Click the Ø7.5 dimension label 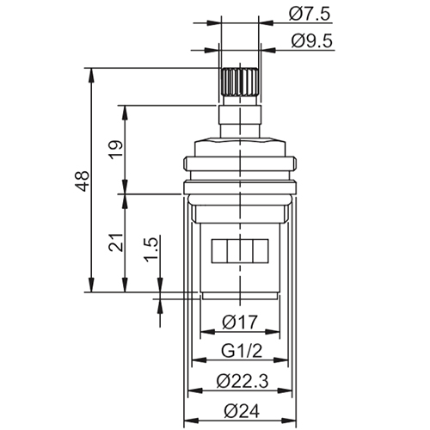310,14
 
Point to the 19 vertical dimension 115,148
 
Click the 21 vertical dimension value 115,244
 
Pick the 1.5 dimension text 151,254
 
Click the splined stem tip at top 238,83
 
